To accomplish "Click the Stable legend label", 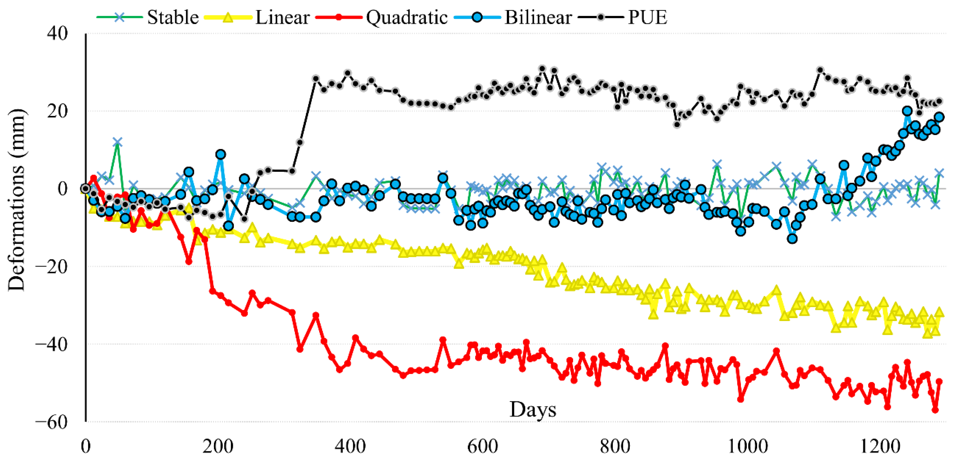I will [173, 18].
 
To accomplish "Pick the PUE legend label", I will [647, 18].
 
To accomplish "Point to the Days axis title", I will [533, 410].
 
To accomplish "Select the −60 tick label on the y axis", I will [52, 422].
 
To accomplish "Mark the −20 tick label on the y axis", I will [52, 267].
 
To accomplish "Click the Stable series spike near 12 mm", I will [118, 142].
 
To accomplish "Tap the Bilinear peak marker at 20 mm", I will [907, 111].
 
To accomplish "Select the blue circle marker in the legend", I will [477, 18].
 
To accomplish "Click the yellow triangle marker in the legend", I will [228, 18].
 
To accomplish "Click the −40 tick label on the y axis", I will [52, 344].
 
